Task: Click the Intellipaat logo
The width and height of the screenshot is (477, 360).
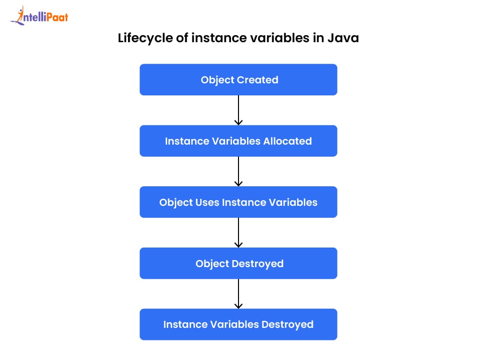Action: [x=39, y=16]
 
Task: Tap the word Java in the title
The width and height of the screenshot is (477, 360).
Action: [x=343, y=38]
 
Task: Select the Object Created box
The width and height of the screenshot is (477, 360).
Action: [x=238, y=80]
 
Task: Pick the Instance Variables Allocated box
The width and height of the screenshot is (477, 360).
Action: [x=238, y=141]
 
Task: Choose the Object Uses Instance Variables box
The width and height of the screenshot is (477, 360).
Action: [x=238, y=202]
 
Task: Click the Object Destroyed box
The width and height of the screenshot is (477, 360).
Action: [x=238, y=263]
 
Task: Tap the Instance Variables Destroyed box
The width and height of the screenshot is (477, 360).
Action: [x=238, y=324]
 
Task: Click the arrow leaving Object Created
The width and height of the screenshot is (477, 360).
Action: [x=238, y=110]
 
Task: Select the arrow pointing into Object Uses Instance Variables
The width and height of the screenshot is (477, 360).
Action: [x=238, y=171]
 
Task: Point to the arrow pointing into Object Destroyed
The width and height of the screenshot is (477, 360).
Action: [x=238, y=232]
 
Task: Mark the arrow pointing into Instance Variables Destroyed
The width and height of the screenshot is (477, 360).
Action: [x=238, y=294]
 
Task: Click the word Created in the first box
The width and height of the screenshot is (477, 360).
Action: [x=258, y=80]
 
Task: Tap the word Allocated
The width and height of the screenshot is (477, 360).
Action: [x=288, y=141]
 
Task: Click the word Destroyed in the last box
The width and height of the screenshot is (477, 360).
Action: [x=288, y=325]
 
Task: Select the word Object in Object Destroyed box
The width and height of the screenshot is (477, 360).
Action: [x=212, y=264]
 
